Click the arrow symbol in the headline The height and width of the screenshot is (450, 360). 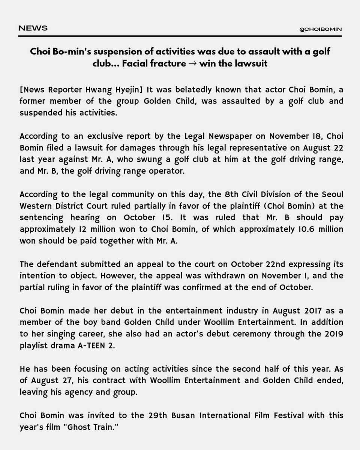coord(193,63)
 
